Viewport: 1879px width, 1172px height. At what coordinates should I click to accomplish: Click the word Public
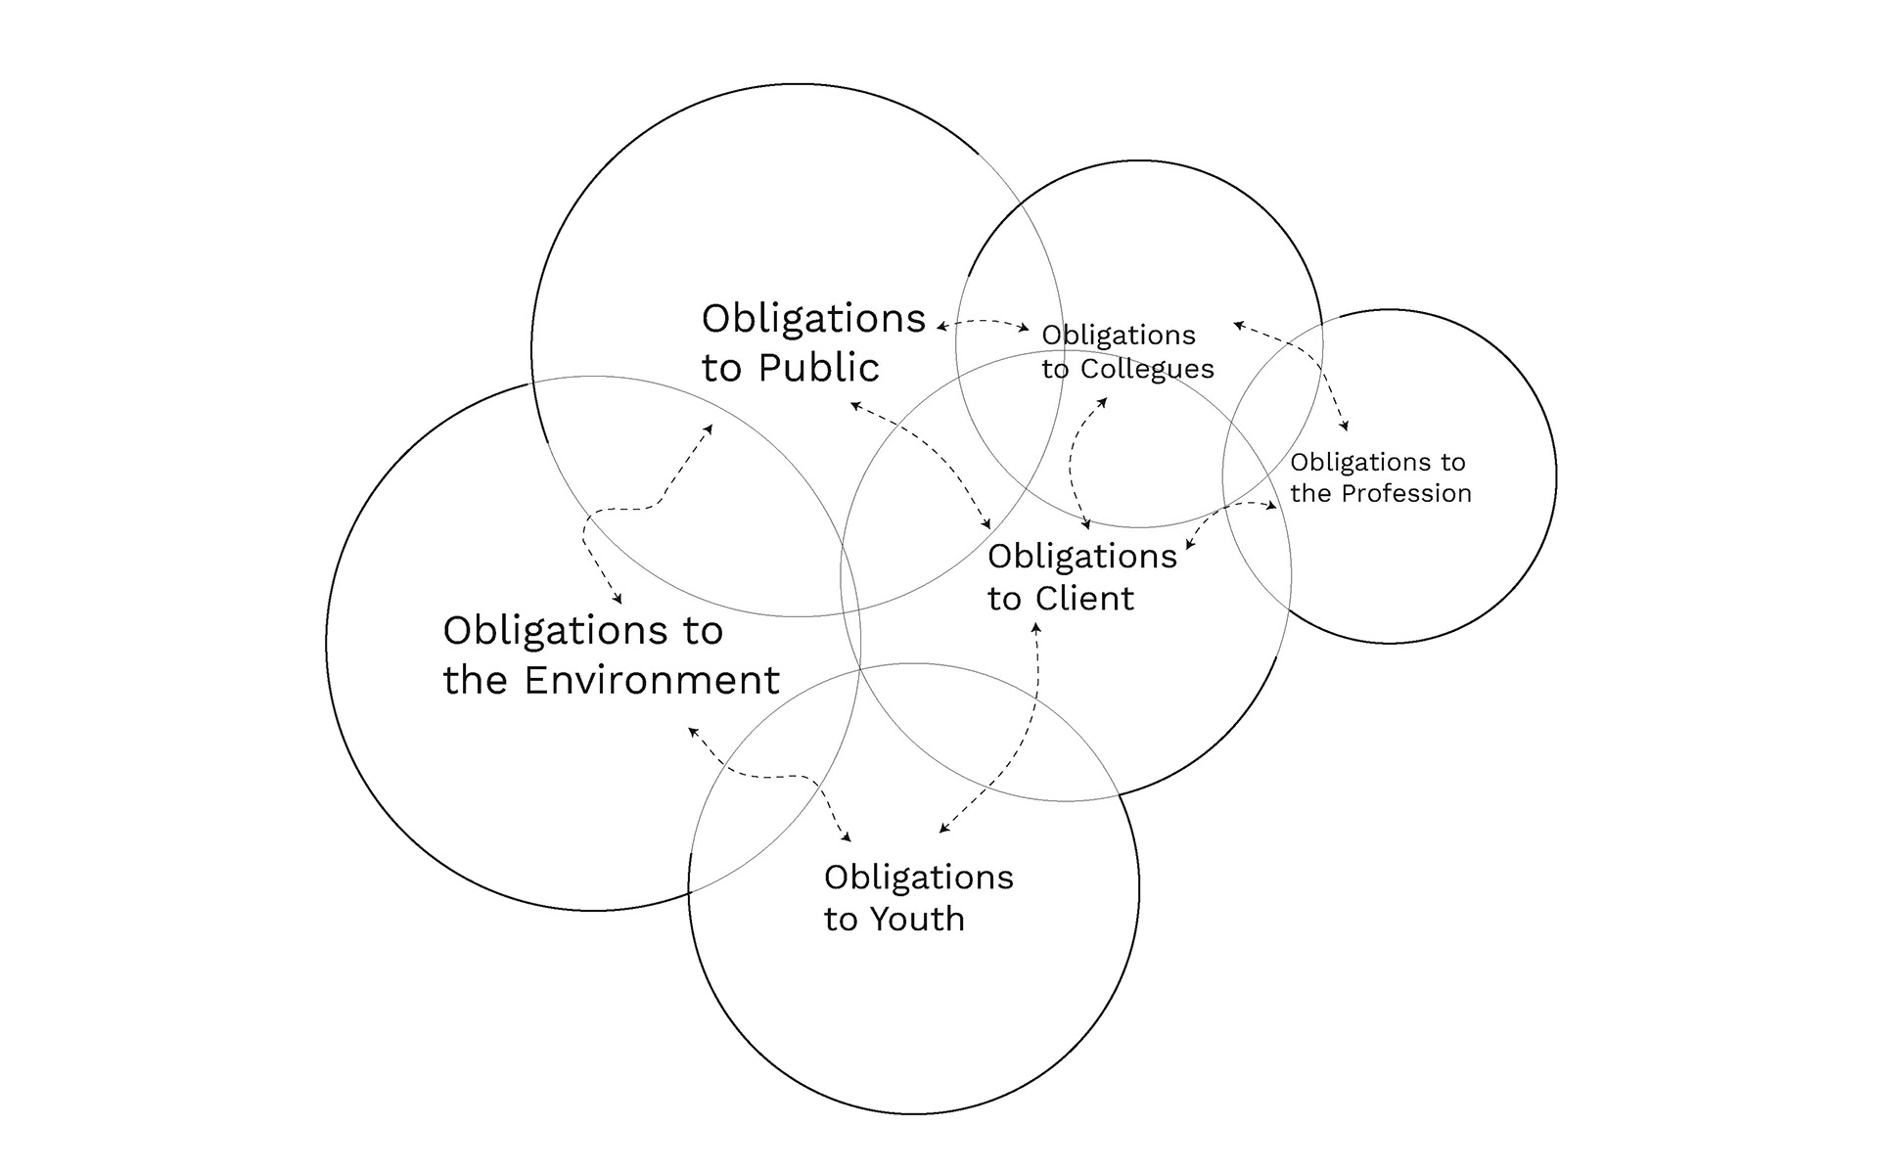coord(819,368)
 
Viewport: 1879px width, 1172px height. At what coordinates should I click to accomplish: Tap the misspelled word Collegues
coord(1147,369)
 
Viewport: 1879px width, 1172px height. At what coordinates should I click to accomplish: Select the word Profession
coord(1406,493)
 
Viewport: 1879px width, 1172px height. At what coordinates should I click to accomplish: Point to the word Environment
coord(652,680)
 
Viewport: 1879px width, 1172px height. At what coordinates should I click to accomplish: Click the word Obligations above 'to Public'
coord(814,319)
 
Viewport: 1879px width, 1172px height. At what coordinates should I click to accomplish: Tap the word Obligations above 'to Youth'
coord(919,878)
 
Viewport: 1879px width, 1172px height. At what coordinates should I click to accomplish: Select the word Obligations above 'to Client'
coord(1082,557)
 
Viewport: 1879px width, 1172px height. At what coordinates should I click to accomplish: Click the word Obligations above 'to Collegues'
coord(1119,336)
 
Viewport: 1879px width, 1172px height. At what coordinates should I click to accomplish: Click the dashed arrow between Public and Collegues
coord(983,322)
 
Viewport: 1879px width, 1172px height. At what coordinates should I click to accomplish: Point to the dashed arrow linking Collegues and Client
coord(1073,460)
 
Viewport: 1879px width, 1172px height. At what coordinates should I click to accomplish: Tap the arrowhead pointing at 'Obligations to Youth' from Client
coord(943,829)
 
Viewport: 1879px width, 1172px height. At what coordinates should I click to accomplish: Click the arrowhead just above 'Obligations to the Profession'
coord(1346,427)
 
